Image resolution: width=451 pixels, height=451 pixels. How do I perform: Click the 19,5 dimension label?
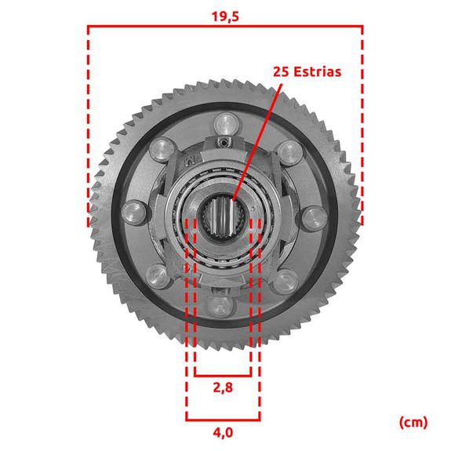[x=225, y=16]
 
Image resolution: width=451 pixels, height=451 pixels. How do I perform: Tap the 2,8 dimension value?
[x=223, y=387]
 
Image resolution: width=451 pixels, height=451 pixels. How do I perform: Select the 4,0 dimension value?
[x=223, y=432]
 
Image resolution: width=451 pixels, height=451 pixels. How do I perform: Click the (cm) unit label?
[x=413, y=423]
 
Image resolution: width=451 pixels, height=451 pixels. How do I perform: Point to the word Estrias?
[x=318, y=71]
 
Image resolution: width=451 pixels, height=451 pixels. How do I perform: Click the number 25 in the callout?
[x=282, y=71]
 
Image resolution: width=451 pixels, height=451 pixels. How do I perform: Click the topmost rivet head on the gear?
[x=227, y=124]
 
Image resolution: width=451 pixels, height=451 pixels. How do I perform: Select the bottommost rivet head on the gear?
[x=220, y=307]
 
